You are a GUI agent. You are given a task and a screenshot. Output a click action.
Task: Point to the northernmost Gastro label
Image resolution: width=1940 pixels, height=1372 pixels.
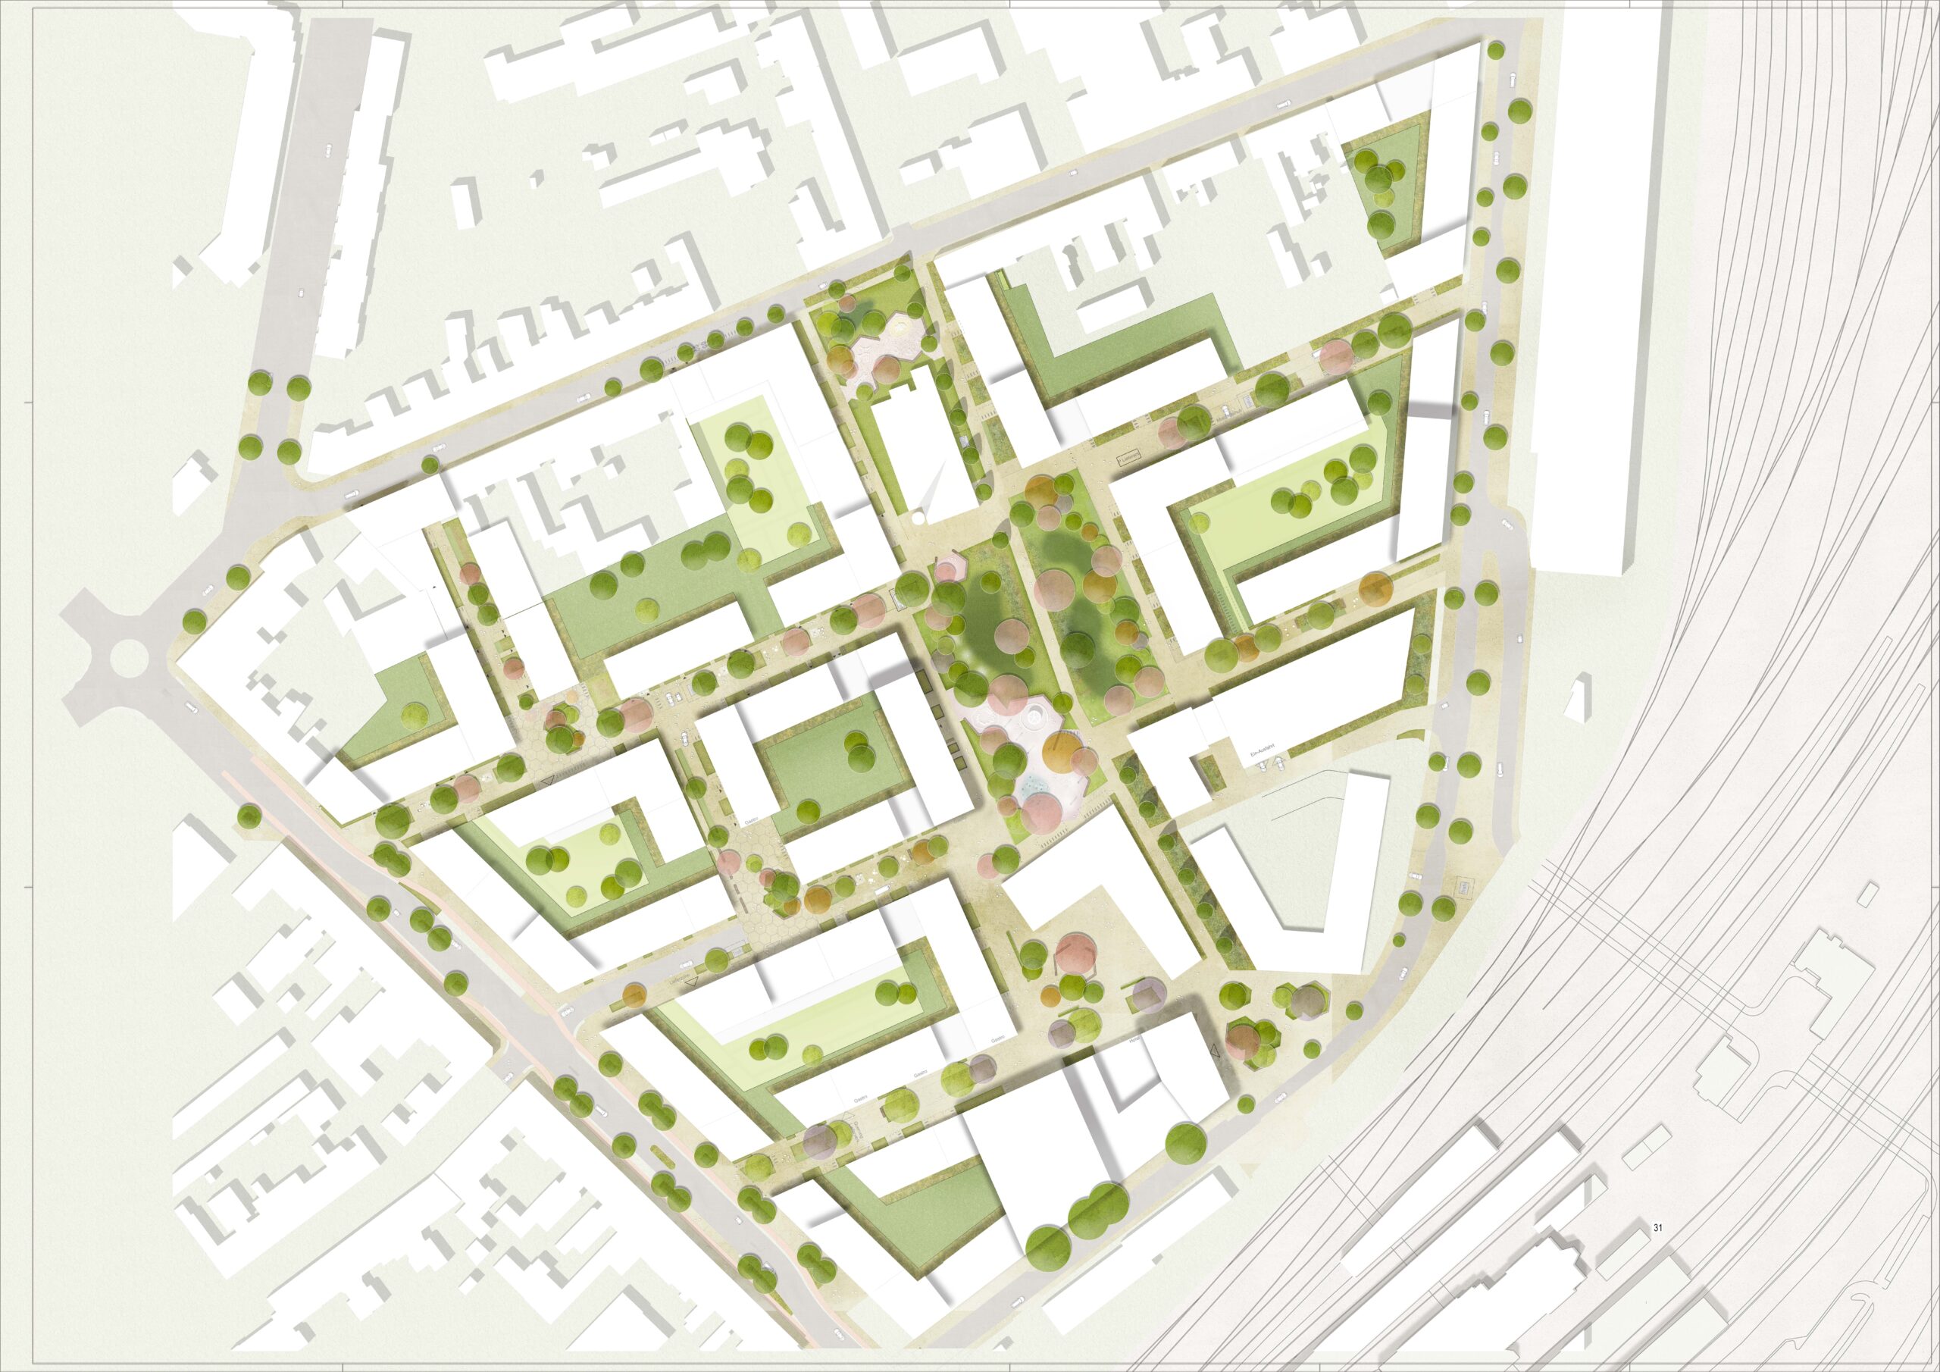pos(749,821)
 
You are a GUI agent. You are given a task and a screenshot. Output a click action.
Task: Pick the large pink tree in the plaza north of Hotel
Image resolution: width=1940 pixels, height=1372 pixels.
pos(1075,951)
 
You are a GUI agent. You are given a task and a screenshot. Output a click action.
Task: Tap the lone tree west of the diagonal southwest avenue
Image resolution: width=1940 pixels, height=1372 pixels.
pos(248,816)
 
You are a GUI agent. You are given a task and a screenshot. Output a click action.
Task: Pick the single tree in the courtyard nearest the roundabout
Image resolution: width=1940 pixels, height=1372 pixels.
pos(413,714)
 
